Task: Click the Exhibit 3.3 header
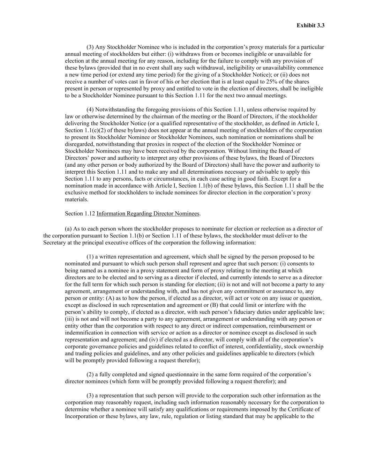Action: (x=310, y=25)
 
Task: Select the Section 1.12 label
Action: (x=80, y=213)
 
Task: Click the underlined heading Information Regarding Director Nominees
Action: (x=148, y=213)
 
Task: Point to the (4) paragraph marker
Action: (x=90, y=109)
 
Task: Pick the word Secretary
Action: (x=54, y=243)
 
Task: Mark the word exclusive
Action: (x=75, y=192)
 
